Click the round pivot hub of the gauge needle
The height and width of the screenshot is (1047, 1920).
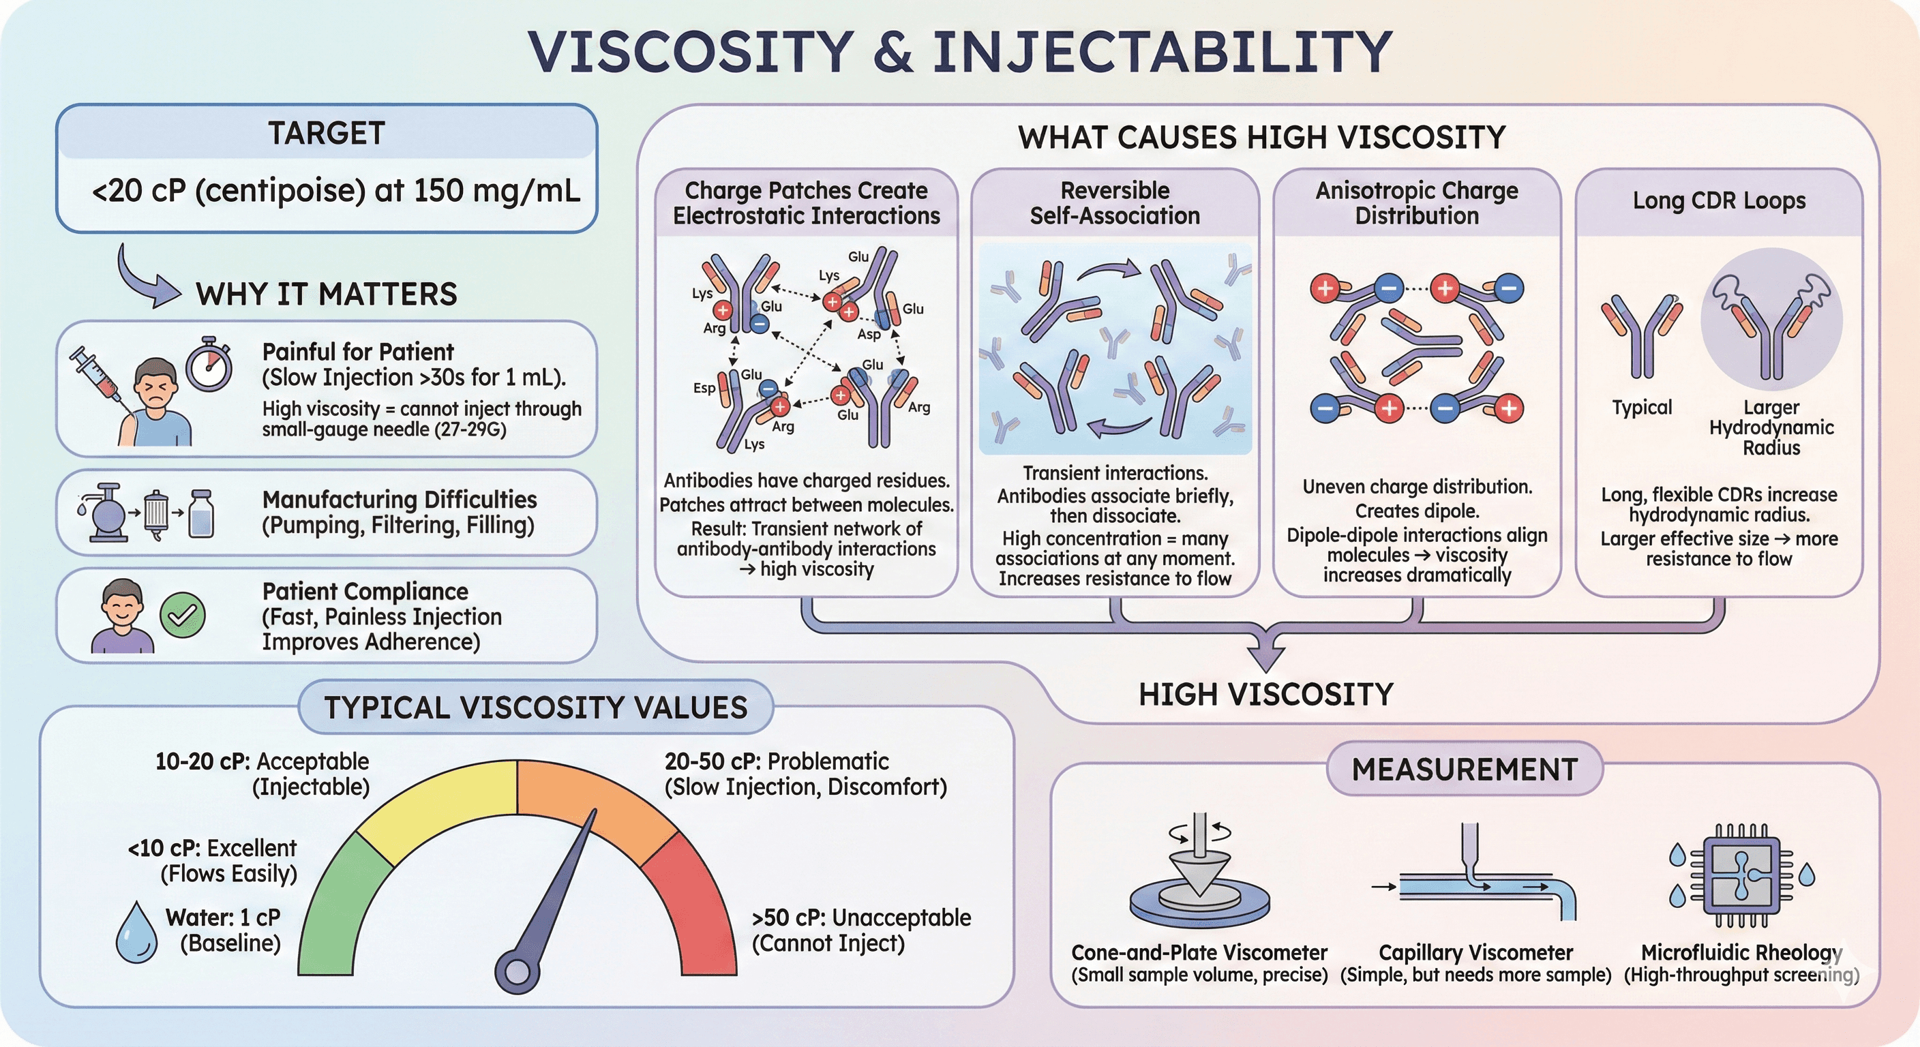517,971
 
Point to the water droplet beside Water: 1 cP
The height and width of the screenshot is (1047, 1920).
137,933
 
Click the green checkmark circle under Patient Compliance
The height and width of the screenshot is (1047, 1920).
183,615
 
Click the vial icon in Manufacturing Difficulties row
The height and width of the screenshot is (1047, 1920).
201,513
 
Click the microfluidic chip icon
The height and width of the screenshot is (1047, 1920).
1741,876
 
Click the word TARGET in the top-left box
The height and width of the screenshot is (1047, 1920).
327,134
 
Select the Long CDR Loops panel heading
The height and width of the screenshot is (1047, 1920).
1719,200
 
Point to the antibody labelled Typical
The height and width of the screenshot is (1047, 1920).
1641,335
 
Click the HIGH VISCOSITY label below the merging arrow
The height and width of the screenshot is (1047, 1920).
1265,695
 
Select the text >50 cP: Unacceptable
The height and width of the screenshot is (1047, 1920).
861,917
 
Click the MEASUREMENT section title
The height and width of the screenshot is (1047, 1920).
1465,769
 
